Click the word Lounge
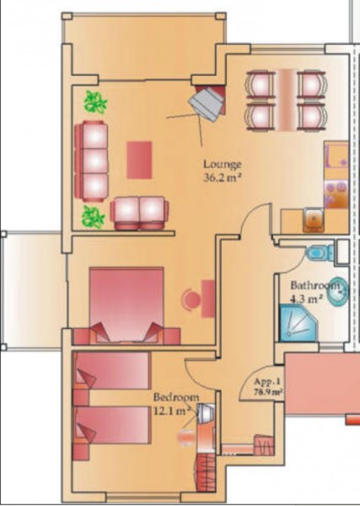click(223, 164)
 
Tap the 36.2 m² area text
click(223, 177)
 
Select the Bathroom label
click(315, 285)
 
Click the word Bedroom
click(176, 396)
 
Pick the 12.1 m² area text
click(172, 411)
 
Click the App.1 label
click(266, 382)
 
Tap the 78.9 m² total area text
click(267, 392)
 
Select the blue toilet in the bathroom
click(320, 252)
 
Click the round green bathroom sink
click(338, 291)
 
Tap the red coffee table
click(139, 159)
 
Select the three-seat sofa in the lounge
click(92, 161)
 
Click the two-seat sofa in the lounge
click(139, 213)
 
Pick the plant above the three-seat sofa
click(95, 102)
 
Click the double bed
click(126, 304)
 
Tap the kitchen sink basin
click(314, 220)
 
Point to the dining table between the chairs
click(286, 100)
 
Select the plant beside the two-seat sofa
click(94, 217)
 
